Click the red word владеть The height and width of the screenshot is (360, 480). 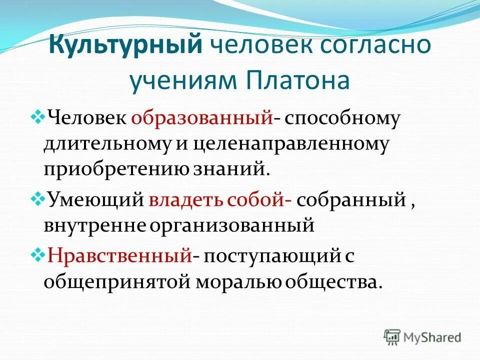pyautogui.click(x=186, y=200)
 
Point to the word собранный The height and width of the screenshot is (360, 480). pyautogui.click(x=350, y=201)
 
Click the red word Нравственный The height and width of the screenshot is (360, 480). pyautogui.click(x=120, y=257)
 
